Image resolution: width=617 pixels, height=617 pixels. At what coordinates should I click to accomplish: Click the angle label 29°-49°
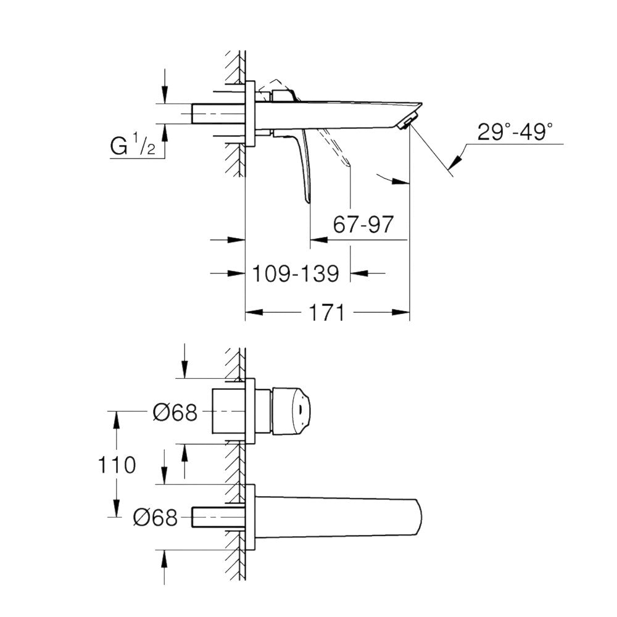(515, 132)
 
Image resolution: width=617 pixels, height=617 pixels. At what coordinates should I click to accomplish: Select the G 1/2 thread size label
(132, 147)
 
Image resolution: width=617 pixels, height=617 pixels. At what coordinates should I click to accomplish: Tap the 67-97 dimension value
(362, 225)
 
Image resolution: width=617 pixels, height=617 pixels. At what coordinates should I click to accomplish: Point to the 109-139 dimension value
(296, 273)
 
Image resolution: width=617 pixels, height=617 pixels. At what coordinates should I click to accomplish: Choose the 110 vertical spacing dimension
(115, 465)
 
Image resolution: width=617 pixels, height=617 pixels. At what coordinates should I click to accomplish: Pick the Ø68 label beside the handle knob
(175, 412)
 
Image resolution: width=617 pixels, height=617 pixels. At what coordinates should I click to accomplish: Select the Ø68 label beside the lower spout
(155, 517)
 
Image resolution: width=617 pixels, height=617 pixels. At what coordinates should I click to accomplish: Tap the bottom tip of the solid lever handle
(307, 201)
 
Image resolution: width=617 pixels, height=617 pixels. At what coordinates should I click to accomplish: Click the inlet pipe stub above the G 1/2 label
(219, 115)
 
